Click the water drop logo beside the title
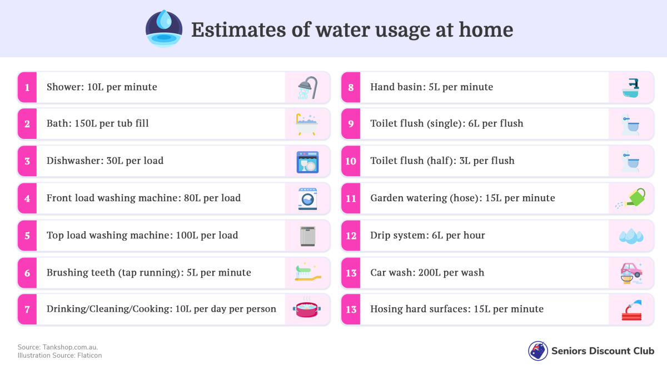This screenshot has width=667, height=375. tap(164, 29)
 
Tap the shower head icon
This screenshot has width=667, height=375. tap(307, 88)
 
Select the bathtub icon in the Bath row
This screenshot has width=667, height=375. tap(307, 124)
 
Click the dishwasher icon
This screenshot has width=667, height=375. tap(307, 162)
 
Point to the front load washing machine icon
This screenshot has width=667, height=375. tap(307, 199)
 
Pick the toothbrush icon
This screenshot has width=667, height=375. tap(308, 272)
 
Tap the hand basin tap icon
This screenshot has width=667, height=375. tap(631, 88)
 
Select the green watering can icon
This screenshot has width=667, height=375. tap(630, 198)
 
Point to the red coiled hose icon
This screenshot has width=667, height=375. tap(631, 310)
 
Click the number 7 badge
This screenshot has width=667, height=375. tap(27, 309)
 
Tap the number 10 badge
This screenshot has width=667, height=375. tap(351, 161)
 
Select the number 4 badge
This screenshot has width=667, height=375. tap(27, 198)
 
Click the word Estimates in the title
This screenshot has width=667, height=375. tap(238, 30)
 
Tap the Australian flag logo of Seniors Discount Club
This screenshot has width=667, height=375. tap(538, 351)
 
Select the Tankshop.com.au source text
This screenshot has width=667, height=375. tap(70, 347)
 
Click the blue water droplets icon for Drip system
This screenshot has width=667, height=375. tap(631, 236)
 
